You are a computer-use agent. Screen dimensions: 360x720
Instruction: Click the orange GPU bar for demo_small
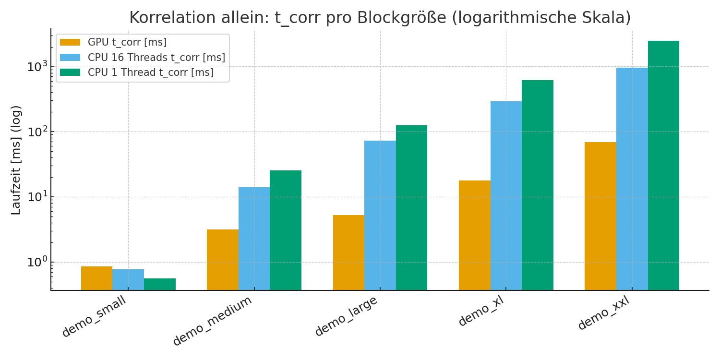pyautogui.click(x=96, y=278)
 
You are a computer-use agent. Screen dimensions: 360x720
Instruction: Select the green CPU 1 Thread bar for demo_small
pyautogui.click(x=159, y=284)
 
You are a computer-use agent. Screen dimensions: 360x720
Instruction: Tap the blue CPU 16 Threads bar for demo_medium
pyautogui.click(x=254, y=239)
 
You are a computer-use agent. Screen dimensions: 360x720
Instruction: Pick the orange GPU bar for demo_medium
pyautogui.click(x=222, y=260)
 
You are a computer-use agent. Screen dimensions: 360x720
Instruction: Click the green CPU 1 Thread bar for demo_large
pyautogui.click(x=411, y=207)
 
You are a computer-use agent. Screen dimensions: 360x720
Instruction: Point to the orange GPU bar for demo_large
pyautogui.click(x=348, y=252)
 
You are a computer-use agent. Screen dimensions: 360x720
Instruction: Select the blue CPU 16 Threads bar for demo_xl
pyautogui.click(x=506, y=195)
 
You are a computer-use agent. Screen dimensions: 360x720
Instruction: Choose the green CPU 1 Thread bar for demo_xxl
pyautogui.click(x=663, y=165)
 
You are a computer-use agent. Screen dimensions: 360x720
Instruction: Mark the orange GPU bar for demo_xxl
pyautogui.click(x=600, y=216)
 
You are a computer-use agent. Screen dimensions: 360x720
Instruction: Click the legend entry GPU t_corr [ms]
pyautogui.click(x=127, y=42)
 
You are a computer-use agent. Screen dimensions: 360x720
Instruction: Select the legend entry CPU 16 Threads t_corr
pyautogui.click(x=156, y=58)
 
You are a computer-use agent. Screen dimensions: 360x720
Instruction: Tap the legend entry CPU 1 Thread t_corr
pyautogui.click(x=150, y=72)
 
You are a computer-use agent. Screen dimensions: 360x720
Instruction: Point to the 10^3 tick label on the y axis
pyautogui.click(x=37, y=66)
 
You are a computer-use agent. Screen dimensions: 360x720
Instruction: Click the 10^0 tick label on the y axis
pyautogui.click(x=37, y=262)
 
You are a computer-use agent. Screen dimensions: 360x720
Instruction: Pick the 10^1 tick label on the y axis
pyautogui.click(x=37, y=197)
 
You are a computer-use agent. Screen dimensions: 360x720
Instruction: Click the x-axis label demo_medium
pyautogui.click(x=213, y=321)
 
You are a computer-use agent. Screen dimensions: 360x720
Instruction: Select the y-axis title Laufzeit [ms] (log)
pyautogui.click(x=16, y=160)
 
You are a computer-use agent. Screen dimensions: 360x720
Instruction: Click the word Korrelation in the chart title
pyautogui.click(x=163, y=18)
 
